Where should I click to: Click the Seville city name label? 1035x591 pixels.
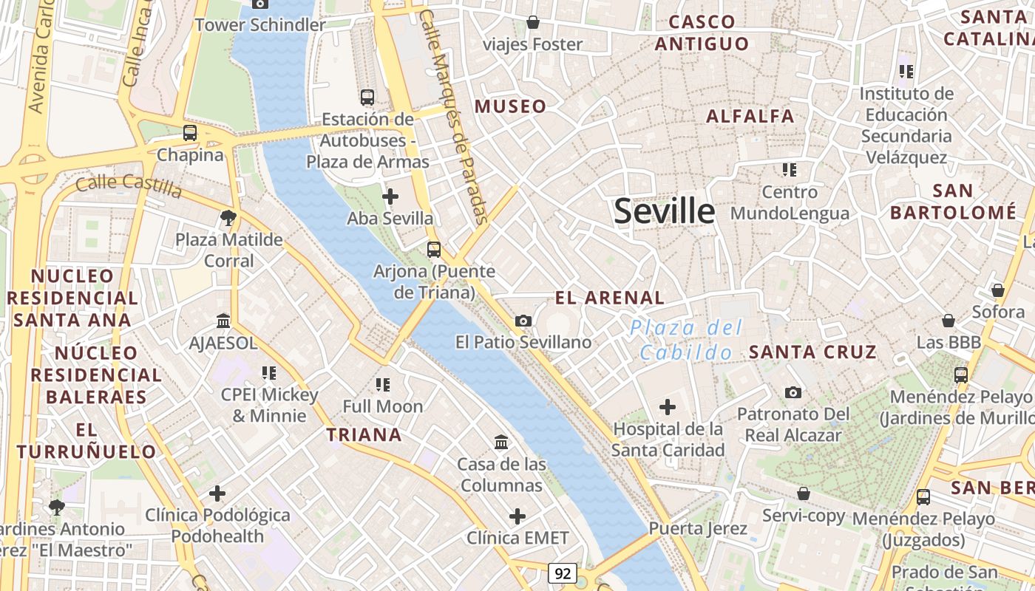coord(665,212)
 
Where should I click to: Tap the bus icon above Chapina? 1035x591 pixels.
coord(190,133)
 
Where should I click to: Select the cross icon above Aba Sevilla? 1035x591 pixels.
coord(390,197)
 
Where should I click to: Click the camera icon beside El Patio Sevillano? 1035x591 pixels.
coord(523,321)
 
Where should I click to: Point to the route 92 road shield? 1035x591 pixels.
coord(563,573)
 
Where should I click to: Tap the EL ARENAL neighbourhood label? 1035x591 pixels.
coord(610,298)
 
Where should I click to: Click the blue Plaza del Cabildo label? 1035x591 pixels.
coord(686,340)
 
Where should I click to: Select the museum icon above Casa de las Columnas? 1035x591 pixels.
coord(501,443)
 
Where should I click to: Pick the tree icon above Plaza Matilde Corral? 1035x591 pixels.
coord(228,218)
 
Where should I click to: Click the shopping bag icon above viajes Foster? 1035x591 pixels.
coord(532,23)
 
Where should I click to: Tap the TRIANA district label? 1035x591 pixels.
coord(364,435)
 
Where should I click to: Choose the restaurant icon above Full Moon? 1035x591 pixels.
coord(383,384)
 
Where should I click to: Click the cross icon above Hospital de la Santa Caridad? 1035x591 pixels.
coord(668,407)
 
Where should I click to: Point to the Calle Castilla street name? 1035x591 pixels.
coord(129,186)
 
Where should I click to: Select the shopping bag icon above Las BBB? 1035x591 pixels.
coord(949,321)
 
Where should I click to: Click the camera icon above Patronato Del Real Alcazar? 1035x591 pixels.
coord(793,392)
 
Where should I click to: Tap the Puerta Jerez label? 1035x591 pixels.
coord(698,529)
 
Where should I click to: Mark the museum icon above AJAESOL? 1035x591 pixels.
coord(223,321)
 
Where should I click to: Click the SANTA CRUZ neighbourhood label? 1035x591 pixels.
coord(812,352)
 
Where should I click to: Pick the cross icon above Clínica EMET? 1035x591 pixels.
coord(517,516)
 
